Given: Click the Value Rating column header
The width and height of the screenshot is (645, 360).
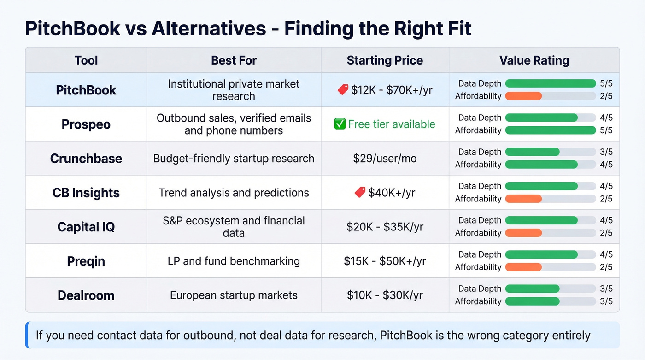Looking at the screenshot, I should coord(534,60).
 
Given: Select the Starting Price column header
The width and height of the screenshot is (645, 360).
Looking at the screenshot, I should coord(385,60).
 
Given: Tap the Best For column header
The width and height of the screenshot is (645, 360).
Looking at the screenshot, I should coord(234,60).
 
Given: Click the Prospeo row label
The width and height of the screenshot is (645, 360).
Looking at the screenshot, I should coord(86,124).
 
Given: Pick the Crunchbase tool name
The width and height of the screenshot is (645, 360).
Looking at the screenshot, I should coord(86,159).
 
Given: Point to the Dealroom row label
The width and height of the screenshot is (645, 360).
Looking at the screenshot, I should coord(86,295).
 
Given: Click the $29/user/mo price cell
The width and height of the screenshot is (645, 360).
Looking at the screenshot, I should coord(385,159).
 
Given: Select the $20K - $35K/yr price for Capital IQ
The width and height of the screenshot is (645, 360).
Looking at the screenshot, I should coord(385,227).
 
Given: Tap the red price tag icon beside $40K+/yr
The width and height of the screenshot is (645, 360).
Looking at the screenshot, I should coord(360,192).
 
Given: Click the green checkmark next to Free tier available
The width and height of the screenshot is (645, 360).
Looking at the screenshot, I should coord(340,124).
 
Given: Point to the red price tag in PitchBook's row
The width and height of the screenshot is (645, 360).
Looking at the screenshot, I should coord(343,90).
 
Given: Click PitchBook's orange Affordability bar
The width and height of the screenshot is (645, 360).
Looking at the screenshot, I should coord(523,96).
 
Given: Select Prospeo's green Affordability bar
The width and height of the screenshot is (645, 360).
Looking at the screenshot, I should coord(550,130).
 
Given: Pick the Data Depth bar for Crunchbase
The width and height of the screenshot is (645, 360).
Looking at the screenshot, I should coord(532,152).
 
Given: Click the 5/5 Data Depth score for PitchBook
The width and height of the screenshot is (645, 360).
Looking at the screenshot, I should coord(606,83).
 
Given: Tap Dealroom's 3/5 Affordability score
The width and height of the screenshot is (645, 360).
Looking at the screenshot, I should coord(606,301).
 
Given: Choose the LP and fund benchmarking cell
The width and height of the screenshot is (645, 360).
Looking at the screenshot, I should coord(234,261).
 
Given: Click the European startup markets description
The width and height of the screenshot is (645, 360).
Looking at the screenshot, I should coord(234,295).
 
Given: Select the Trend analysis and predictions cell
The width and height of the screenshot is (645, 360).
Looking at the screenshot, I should coord(234,192).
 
